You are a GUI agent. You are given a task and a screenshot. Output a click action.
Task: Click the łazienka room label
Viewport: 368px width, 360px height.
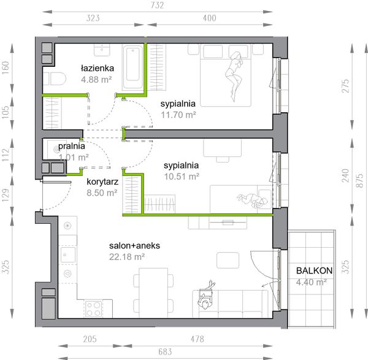98,68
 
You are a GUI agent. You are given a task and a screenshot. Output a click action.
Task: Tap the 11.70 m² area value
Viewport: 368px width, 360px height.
178,115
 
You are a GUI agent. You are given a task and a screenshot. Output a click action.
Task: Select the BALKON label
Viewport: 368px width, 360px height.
314,270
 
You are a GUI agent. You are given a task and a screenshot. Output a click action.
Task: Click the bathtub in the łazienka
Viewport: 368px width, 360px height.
133,67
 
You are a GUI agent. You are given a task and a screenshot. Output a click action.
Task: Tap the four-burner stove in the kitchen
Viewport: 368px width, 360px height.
94,309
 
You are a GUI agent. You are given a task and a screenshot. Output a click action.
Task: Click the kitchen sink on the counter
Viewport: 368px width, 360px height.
68,255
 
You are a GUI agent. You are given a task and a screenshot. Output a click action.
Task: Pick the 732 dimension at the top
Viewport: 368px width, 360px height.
157,6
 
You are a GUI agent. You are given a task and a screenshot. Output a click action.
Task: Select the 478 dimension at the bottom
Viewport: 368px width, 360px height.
197,339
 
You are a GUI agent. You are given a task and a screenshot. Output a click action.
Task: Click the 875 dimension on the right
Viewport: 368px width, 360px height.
359,180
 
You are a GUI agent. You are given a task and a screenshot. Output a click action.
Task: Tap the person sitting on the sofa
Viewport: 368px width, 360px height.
206,296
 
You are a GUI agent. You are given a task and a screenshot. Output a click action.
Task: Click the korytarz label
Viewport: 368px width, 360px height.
102,182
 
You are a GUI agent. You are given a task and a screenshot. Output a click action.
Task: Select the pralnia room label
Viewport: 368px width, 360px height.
71,146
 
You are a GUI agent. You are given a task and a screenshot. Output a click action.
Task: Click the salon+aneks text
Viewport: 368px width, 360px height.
134,246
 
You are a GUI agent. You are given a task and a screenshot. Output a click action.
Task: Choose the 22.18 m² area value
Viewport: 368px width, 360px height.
127,257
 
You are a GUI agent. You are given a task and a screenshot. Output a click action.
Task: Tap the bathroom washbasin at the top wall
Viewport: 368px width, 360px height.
102,50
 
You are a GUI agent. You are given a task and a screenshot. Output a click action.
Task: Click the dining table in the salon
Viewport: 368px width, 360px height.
153,293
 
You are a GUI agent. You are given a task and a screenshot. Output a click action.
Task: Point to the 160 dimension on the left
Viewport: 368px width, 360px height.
6,68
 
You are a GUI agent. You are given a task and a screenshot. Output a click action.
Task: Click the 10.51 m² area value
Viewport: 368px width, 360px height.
182,177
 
